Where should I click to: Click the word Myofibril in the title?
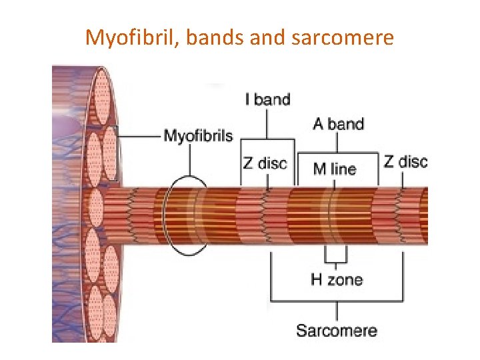click(131, 38)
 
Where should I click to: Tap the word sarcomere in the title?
click(343, 38)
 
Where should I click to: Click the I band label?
click(268, 100)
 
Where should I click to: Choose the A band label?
click(338, 124)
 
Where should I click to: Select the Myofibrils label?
click(198, 137)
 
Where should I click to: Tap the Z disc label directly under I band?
click(264, 163)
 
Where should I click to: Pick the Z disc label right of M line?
click(405, 161)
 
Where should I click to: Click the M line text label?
click(335, 169)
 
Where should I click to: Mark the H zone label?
click(337, 279)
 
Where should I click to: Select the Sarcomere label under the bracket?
click(337, 330)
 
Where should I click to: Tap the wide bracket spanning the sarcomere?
click(337, 301)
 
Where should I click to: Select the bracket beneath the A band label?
click(337, 153)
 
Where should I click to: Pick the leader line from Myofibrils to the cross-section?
click(140, 137)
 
